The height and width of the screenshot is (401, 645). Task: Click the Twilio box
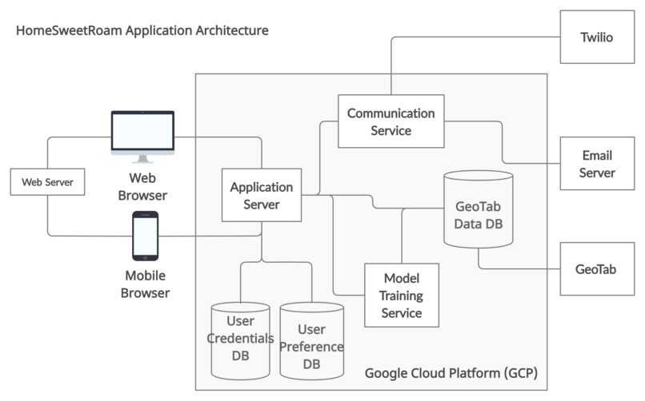click(x=597, y=37)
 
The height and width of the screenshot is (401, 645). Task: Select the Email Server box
click(x=597, y=163)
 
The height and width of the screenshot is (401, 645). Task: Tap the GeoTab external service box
click(x=597, y=269)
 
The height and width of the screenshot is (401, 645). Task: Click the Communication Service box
click(x=391, y=121)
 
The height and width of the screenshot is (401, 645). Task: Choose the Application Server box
click(x=262, y=195)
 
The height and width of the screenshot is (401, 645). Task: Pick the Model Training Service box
click(x=402, y=295)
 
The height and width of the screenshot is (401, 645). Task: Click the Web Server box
click(x=47, y=182)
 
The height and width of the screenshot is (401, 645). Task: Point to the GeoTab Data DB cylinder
click(x=478, y=209)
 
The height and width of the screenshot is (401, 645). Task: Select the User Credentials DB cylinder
click(x=240, y=340)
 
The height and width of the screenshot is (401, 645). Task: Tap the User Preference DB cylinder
click(x=312, y=340)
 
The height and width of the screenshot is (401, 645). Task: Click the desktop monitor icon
click(x=142, y=137)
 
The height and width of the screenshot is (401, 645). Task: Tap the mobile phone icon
click(x=145, y=236)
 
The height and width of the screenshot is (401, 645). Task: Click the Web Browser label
click(x=142, y=187)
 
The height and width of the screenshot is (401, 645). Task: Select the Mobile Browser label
click(x=145, y=284)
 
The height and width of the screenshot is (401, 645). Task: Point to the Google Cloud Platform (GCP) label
click(x=451, y=373)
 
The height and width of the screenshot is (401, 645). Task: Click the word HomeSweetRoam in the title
click(x=69, y=30)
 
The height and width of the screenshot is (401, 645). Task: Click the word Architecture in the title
click(x=232, y=30)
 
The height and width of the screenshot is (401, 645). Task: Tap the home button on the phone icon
click(x=145, y=257)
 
